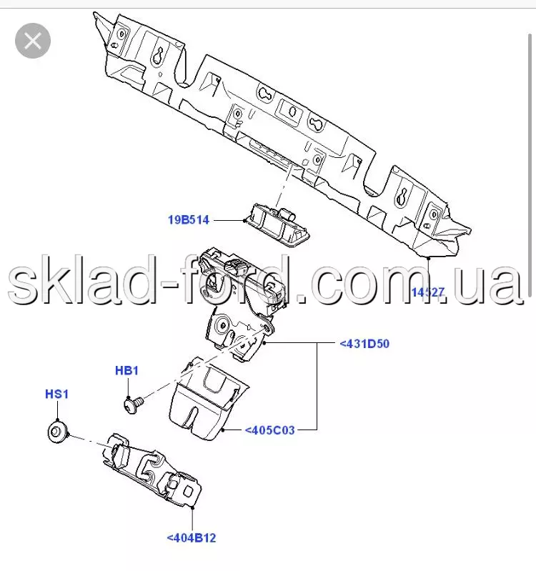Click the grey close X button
[33, 41]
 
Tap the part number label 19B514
[189, 220]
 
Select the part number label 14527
[428, 292]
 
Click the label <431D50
[364, 344]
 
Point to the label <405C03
[270, 430]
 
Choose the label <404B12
[192, 538]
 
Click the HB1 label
[126, 371]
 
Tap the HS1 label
[56, 394]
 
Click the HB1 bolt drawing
[134, 405]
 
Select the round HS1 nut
[56, 432]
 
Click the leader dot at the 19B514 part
[244, 220]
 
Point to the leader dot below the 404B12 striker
[193, 507]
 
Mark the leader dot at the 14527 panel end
[429, 258]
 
